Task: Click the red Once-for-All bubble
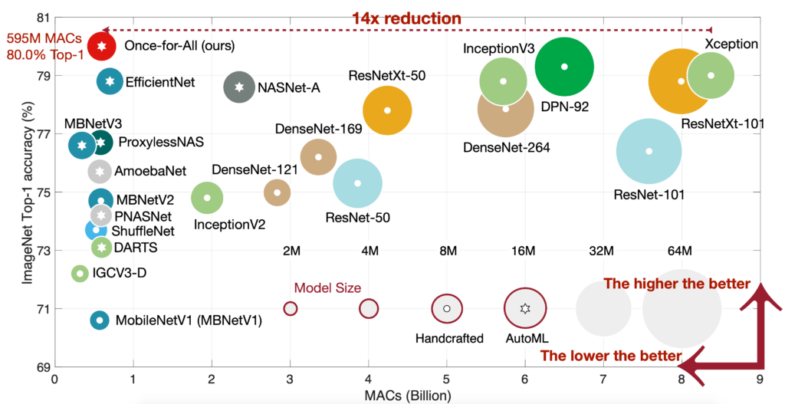(x=101, y=46)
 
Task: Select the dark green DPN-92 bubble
(x=564, y=67)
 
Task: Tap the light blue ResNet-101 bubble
(x=649, y=151)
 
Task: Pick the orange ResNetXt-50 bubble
(x=387, y=110)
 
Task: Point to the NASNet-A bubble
(x=240, y=88)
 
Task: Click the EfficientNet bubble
(x=110, y=81)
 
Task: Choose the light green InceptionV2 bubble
(x=207, y=198)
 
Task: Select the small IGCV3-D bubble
(x=79, y=273)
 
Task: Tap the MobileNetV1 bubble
(x=99, y=320)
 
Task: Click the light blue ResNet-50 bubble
(x=358, y=183)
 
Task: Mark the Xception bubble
(x=711, y=75)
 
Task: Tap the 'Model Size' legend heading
(x=327, y=288)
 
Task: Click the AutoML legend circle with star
(x=524, y=308)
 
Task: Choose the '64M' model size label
(x=680, y=251)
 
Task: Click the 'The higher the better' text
(x=677, y=284)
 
